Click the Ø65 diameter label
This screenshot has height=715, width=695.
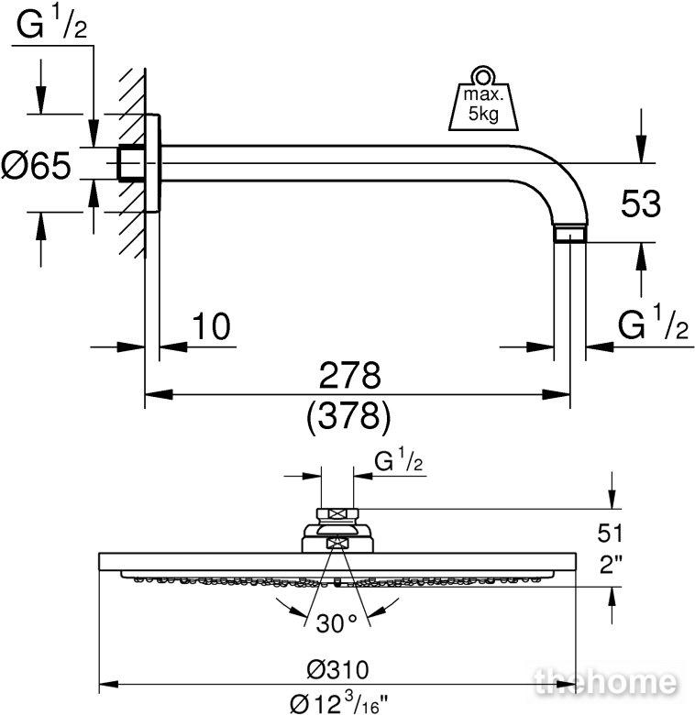(37, 165)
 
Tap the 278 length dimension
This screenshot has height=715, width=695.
(349, 375)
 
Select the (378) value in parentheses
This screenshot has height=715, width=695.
(348, 416)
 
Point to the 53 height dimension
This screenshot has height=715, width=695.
(640, 203)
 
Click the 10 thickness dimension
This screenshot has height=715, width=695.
(211, 326)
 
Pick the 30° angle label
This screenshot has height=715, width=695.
(336, 623)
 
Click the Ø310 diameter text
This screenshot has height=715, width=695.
(337, 670)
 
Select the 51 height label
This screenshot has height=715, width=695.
(610, 533)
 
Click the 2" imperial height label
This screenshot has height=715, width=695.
(611, 566)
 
